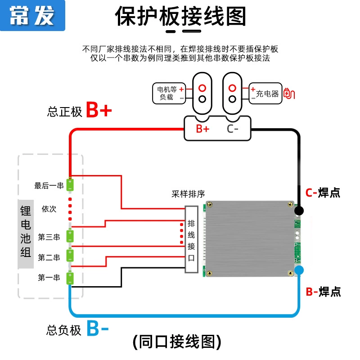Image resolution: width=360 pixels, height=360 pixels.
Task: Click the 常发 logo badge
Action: click(32, 15)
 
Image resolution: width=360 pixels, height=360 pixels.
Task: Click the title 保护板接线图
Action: click(180, 16)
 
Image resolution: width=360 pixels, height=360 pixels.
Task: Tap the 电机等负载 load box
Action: click(169, 93)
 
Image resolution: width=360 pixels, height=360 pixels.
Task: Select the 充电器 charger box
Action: click(265, 93)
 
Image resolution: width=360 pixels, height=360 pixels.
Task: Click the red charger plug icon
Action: click(289, 93)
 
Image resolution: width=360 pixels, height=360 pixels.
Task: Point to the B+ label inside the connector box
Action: click(202, 129)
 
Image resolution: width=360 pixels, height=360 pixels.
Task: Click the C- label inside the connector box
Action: click(232, 129)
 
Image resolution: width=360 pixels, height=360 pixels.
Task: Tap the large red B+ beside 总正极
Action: click(99, 110)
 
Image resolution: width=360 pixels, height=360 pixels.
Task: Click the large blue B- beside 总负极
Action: click(98, 328)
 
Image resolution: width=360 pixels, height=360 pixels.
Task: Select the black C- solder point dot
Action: click(299, 211)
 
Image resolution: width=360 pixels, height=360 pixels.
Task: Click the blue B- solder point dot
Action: click(299, 270)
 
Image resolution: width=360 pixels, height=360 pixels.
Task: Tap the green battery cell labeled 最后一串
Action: click(70, 185)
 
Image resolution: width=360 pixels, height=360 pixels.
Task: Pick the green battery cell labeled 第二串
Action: click(70, 256)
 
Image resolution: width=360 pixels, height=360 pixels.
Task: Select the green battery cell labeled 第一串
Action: click(70, 278)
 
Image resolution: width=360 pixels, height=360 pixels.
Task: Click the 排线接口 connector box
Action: click(192, 239)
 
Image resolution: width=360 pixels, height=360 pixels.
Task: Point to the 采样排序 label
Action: click(188, 194)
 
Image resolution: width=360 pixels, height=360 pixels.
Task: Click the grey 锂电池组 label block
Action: click(26, 234)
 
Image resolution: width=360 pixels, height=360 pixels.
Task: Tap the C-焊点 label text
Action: click(323, 193)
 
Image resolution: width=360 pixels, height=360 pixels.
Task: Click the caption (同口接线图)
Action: click(177, 342)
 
